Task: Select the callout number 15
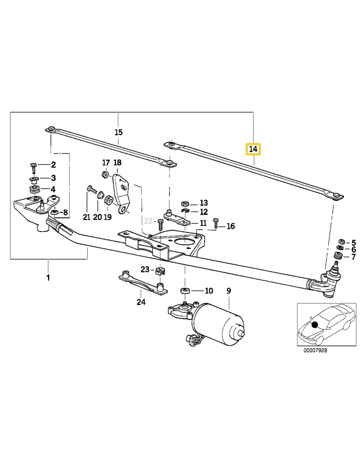click(118, 132)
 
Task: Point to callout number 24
click(141, 302)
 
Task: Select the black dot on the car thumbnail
click(315, 325)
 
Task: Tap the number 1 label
click(48, 278)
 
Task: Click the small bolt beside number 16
click(216, 223)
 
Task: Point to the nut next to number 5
click(341, 242)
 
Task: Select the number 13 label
click(204, 203)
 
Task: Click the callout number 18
click(117, 163)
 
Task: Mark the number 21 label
click(86, 217)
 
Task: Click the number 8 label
click(66, 212)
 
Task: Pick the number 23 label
click(144, 269)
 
